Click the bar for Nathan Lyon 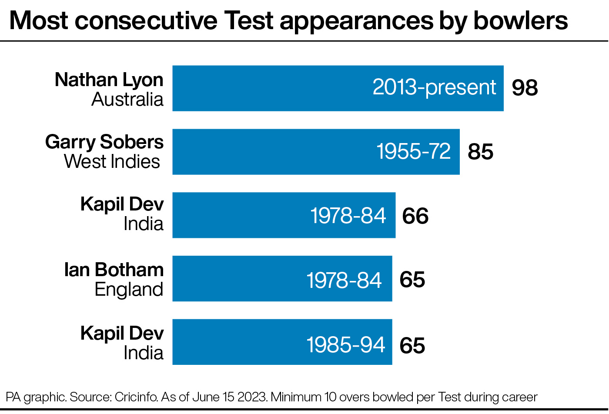tap(270, 88)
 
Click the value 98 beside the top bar tap(525, 88)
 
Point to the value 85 tap(480, 152)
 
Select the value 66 tap(415, 216)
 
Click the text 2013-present tap(434, 87)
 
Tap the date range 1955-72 tap(413, 152)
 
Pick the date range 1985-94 tap(346, 345)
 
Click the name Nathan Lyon tap(109, 80)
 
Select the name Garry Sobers tap(104, 142)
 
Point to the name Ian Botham tap(114, 270)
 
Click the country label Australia tap(127, 100)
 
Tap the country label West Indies tap(112, 162)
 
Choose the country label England tap(129, 290)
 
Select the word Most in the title tap(39, 20)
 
